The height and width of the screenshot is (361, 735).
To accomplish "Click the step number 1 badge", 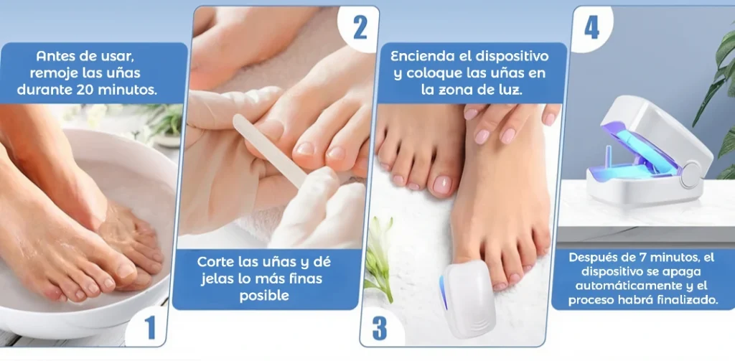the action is coord(149,327).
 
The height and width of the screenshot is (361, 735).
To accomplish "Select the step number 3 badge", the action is coord(379,328).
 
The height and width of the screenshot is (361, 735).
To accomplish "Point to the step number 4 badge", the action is coord(591,28).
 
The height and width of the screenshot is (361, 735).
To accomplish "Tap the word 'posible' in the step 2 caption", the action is coord(264,296).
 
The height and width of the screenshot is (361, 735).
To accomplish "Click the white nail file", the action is coord(271,151).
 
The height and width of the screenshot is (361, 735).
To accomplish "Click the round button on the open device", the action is coord(690,175).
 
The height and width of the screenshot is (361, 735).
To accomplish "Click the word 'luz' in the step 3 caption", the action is coord(511,90).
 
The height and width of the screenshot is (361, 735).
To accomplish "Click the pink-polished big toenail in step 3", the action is coord(441,184).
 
